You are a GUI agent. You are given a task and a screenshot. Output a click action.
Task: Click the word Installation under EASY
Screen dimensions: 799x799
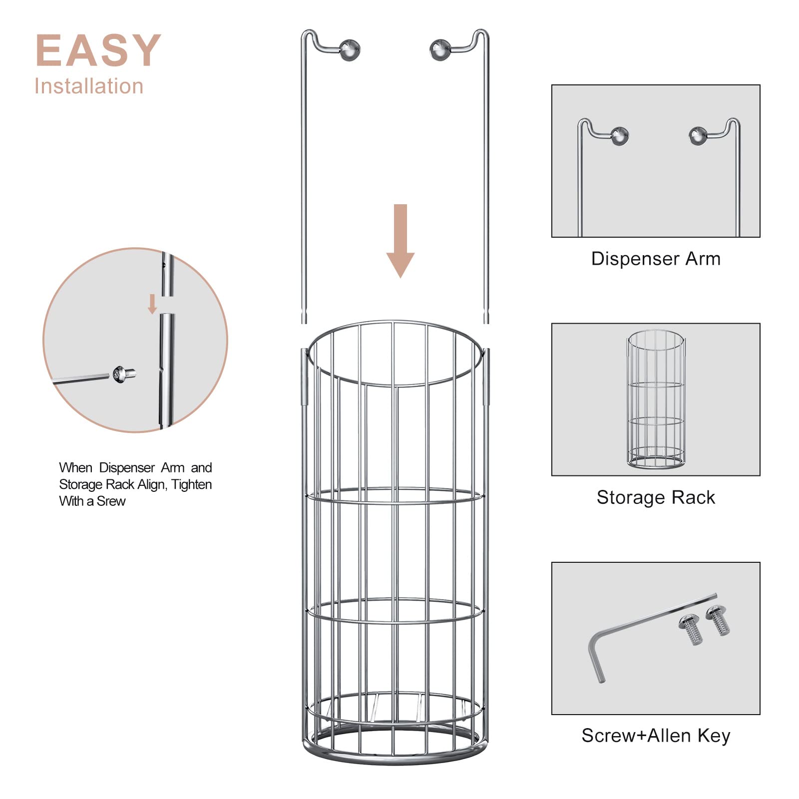click(x=89, y=86)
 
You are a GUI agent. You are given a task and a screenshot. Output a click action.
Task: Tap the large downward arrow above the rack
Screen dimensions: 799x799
click(x=400, y=240)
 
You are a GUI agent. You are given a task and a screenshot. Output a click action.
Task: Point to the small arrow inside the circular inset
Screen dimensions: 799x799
click(x=153, y=304)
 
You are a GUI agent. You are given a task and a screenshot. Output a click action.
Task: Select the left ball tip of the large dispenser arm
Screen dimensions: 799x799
click(x=350, y=49)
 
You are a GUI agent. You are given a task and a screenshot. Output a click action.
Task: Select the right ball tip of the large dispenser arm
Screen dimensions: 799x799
click(x=440, y=49)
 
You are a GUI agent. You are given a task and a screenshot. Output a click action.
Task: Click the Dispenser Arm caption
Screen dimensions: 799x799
click(x=656, y=259)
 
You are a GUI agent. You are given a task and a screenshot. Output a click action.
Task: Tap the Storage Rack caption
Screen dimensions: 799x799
click(x=656, y=497)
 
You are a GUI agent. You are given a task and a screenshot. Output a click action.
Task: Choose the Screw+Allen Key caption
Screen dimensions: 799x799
click(x=656, y=736)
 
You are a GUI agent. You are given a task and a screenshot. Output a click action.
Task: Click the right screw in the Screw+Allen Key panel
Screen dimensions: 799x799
click(x=718, y=620)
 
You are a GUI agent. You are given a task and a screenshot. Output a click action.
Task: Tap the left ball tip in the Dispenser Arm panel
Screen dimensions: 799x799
click(x=620, y=135)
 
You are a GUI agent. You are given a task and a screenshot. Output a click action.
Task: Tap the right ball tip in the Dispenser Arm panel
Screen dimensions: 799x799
click(x=698, y=135)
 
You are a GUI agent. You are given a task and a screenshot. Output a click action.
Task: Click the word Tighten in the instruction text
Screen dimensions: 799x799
click(x=192, y=484)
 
